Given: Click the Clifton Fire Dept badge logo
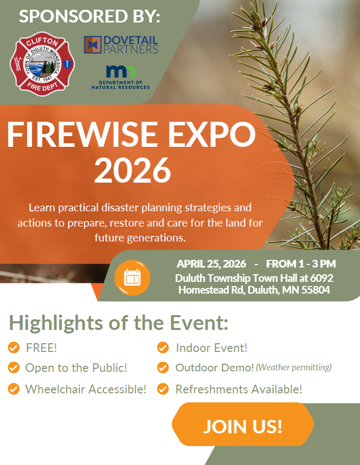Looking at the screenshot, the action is [x=42, y=64].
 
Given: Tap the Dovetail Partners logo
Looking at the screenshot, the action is [x=121, y=45].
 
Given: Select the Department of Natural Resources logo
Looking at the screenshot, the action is [x=120, y=77].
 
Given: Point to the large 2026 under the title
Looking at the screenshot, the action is [x=132, y=170].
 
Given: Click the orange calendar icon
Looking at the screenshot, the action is [x=132, y=278].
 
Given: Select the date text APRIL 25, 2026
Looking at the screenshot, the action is [x=211, y=263].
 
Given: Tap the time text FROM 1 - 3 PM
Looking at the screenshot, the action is [x=301, y=263].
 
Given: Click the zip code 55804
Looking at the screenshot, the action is [x=316, y=290].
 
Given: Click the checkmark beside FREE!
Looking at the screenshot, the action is [x=14, y=347].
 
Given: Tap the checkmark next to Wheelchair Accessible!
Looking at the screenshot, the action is [x=14, y=389].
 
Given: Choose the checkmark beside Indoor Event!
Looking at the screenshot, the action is [x=163, y=347].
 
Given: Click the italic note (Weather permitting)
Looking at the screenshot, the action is [x=294, y=367].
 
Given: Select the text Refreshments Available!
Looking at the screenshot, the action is [x=239, y=389].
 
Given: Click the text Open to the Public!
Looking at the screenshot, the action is [x=76, y=368].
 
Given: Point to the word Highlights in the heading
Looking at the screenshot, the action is [x=56, y=323].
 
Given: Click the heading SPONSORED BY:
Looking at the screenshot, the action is [x=89, y=16].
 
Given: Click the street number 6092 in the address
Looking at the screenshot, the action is [x=322, y=278].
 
